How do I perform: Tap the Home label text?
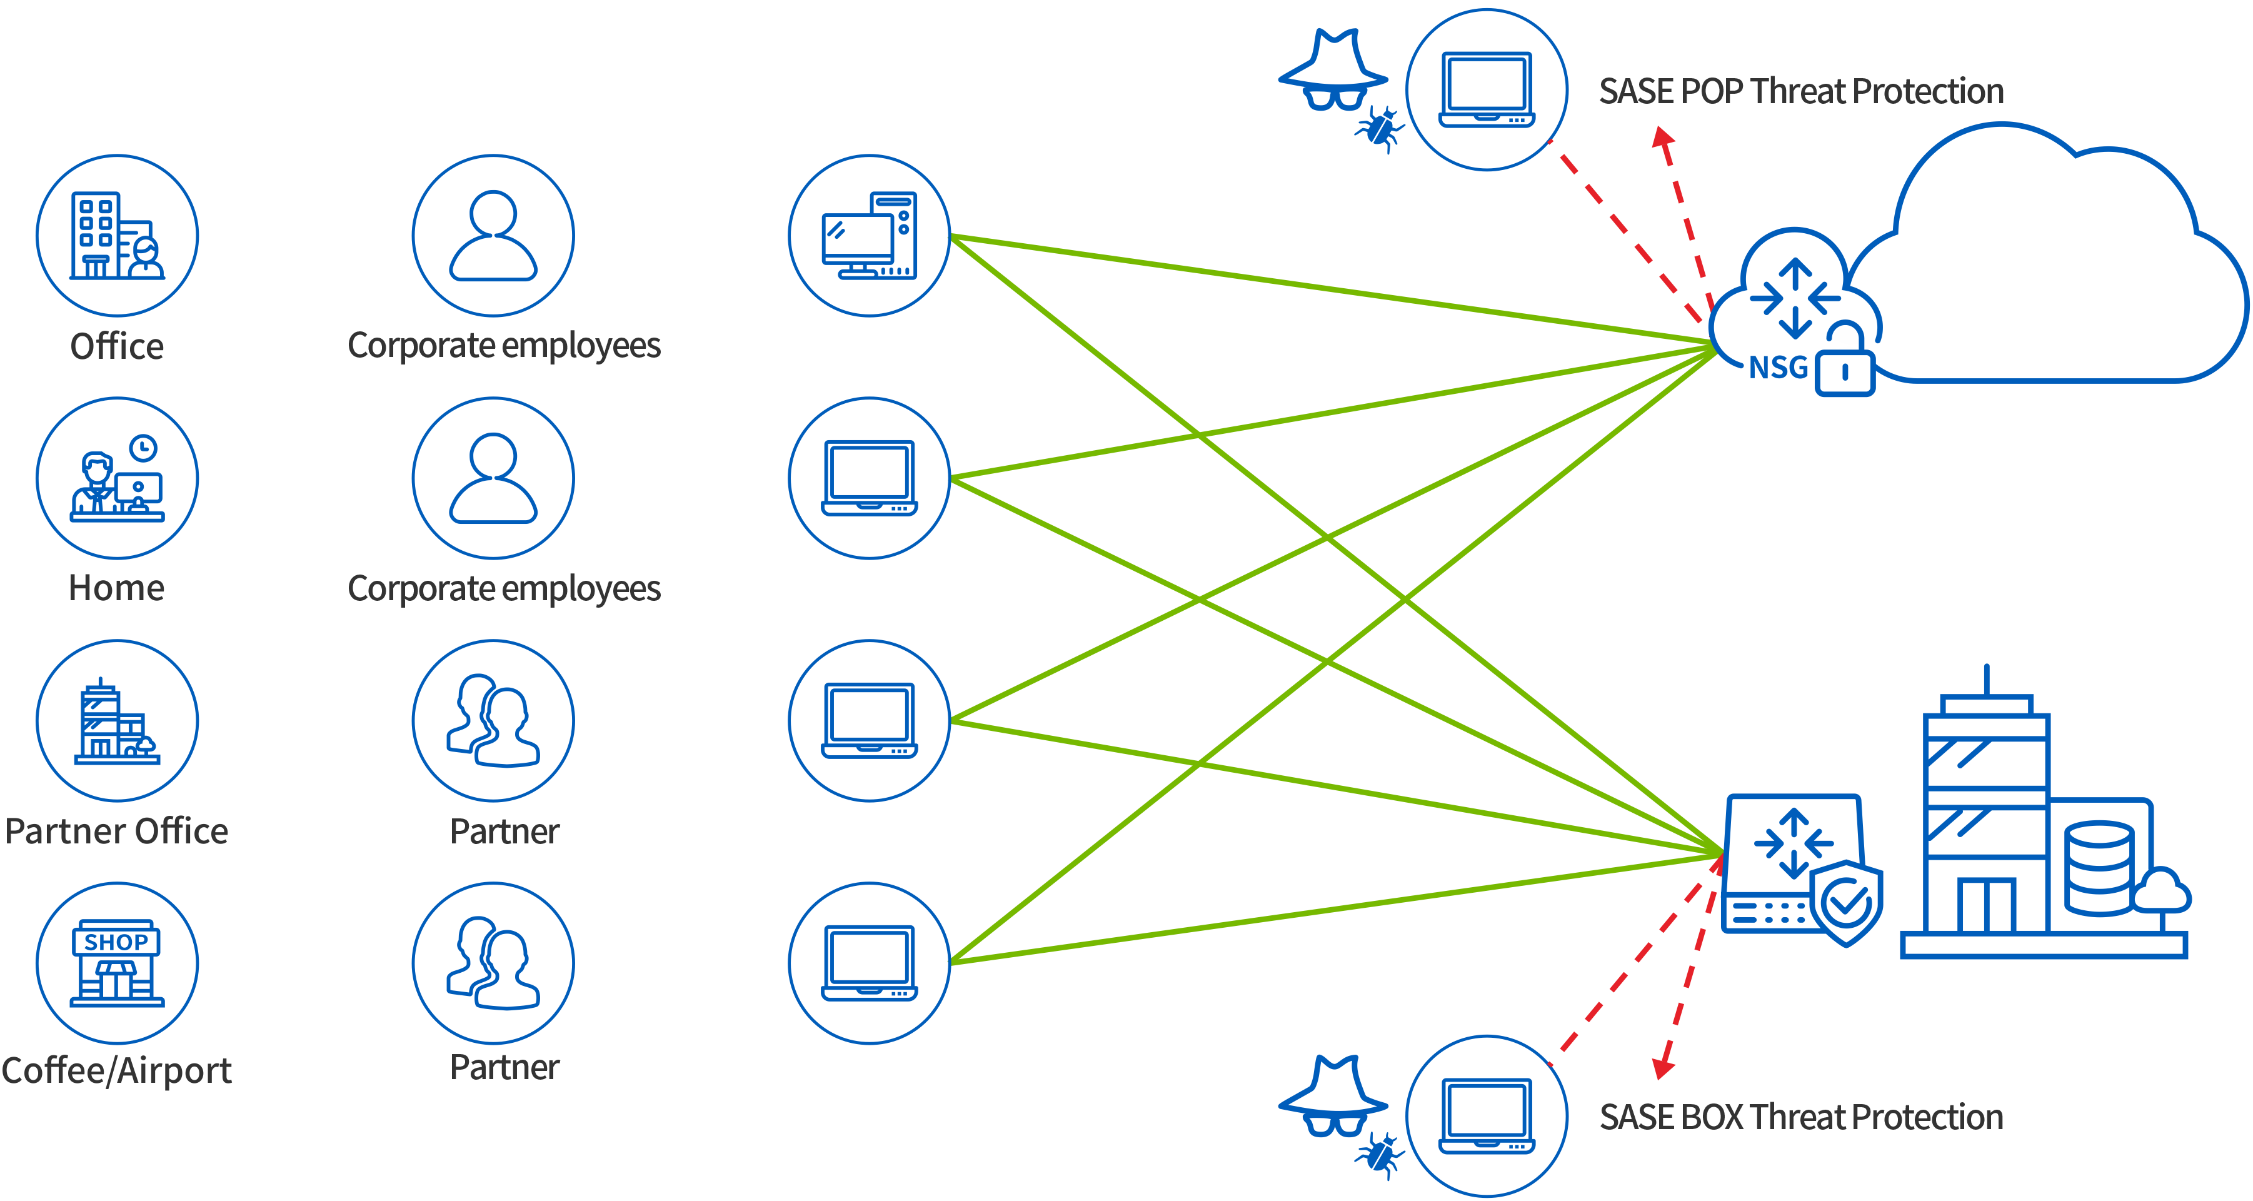coord(116,588)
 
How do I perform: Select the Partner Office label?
coord(116,831)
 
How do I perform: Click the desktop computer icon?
coord(870,235)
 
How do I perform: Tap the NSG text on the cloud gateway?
coord(1778,368)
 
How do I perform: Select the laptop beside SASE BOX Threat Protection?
coord(1487,1116)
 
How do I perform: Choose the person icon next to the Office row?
coord(493,235)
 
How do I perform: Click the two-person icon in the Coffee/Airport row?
coord(493,962)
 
